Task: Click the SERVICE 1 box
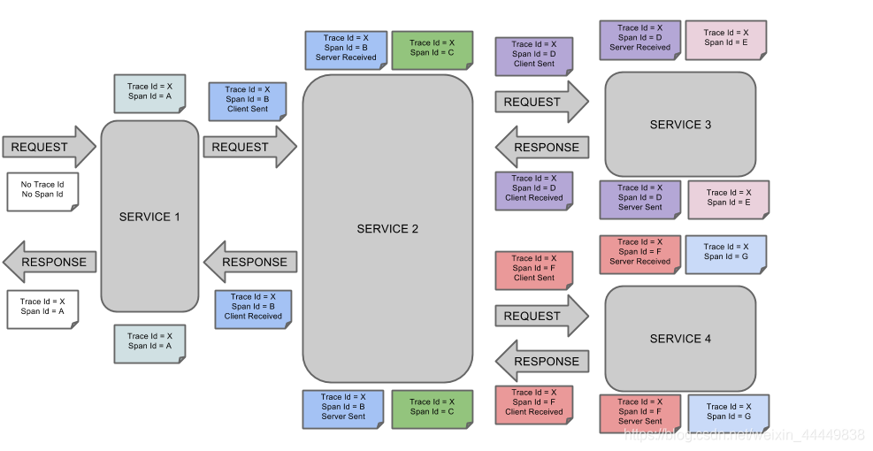[149, 217]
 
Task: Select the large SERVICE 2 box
[387, 228]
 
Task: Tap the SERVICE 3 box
[680, 124]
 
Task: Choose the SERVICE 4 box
[680, 338]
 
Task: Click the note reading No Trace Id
[42, 190]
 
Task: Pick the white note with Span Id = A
[42, 307]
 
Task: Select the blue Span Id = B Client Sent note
[248, 100]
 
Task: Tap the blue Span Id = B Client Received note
[253, 307]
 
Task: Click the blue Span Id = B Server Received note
[346, 49]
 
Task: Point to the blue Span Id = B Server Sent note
[343, 407]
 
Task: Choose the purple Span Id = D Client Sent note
[533, 54]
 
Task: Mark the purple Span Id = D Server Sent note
[639, 198]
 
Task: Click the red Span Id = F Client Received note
[533, 402]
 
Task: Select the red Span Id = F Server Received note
[639, 252]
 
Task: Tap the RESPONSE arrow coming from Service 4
[541, 361]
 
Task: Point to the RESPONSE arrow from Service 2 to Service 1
[249, 262]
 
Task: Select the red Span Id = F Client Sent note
[533, 269]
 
